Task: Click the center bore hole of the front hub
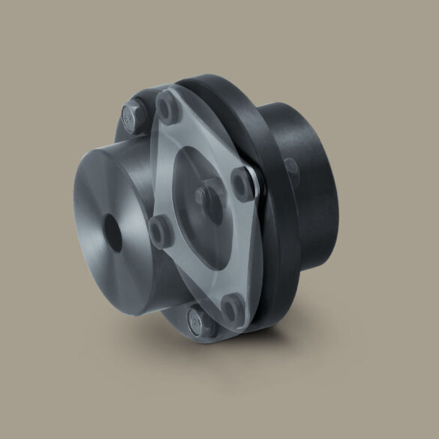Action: [114, 231]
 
